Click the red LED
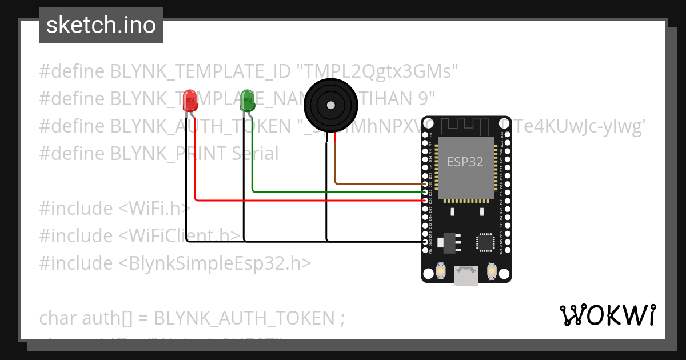click(x=189, y=101)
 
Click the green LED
click(x=248, y=101)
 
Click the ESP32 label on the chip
click(x=465, y=162)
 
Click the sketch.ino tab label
click(x=101, y=25)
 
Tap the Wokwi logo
click(x=607, y=315)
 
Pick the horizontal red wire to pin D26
click(x=309, y=200)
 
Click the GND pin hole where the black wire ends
click(x=425, y=242)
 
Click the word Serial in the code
click(x=255, y=154)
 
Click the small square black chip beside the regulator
click(x=486, y=242)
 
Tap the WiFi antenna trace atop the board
click(x=466, y=125)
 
